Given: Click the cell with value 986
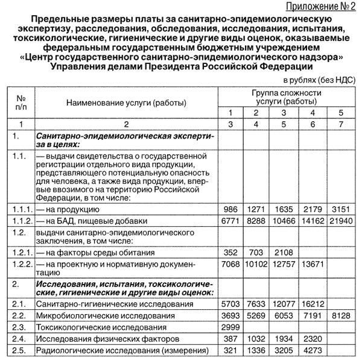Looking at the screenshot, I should point(230,210).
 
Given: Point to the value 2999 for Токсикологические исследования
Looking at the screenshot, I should point(230,327).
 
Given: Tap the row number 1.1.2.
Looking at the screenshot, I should point(21,221).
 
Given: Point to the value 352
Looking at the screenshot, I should point(230,252).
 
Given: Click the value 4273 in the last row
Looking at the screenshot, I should point(313,351).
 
